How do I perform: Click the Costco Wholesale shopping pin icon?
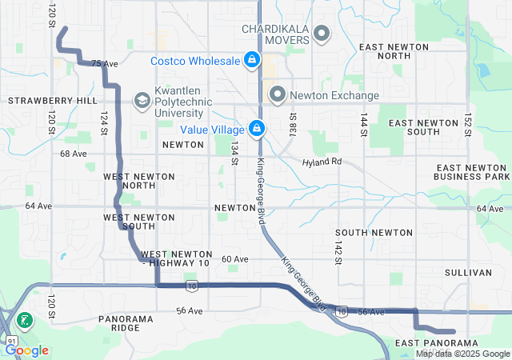[252, 60]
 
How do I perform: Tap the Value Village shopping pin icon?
[257, 128]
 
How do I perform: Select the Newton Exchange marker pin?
[278, 94]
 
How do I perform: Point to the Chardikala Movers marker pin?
[322, 34]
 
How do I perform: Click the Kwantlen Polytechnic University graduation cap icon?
[142, 100]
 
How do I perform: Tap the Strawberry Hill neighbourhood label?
[53, 101]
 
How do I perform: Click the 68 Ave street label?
[73, 153]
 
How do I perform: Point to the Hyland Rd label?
[322, 162]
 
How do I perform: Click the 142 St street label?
[338, 248]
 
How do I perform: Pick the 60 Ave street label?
[235, 259]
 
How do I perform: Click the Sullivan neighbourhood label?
[468, 273]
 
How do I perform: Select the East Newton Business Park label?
[471, 171]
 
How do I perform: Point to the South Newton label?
[374, 232]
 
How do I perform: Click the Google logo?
[26, 350]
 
